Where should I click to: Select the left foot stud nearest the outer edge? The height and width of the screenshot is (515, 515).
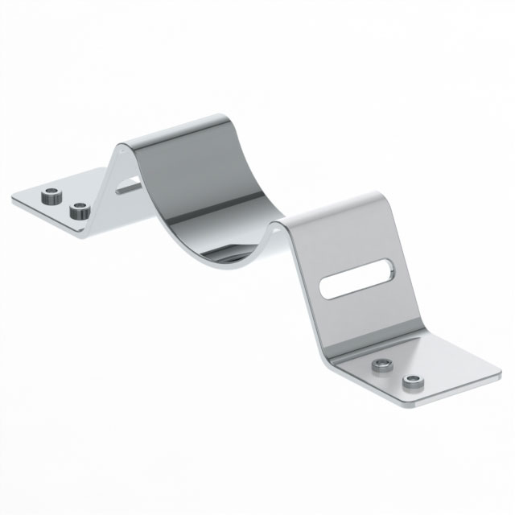(x=51, y=195)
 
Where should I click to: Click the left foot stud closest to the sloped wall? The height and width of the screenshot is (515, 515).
(x=79, y=212)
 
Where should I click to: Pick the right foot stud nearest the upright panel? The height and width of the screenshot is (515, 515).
(x=381, y=367)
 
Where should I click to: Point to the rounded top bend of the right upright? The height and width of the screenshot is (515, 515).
(x=370, y=200)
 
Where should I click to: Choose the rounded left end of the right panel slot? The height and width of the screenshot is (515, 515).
(x=327, y=290)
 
